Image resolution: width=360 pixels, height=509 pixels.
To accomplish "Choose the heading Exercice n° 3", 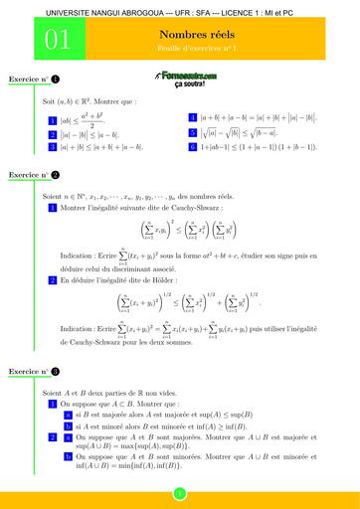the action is tap(34, 370).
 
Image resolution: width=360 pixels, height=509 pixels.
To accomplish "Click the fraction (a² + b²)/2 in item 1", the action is tap(93, 119).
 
